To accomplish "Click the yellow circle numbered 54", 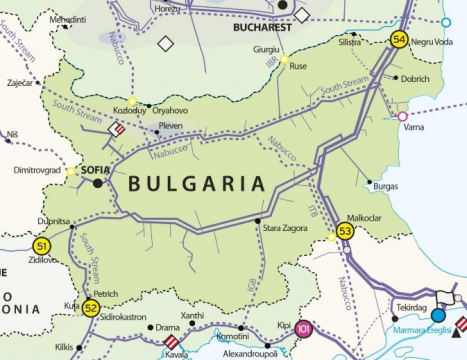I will [x=399, y=40].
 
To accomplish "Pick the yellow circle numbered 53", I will [x=345, y=232].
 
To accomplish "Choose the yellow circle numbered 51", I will [x=41, y=245].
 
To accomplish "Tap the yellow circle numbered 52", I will [x=90, y=308].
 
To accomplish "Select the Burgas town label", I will [x=385, y=186].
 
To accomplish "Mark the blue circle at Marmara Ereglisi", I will [x=437, y=314].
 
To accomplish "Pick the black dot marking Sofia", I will [x=97, y=184].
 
